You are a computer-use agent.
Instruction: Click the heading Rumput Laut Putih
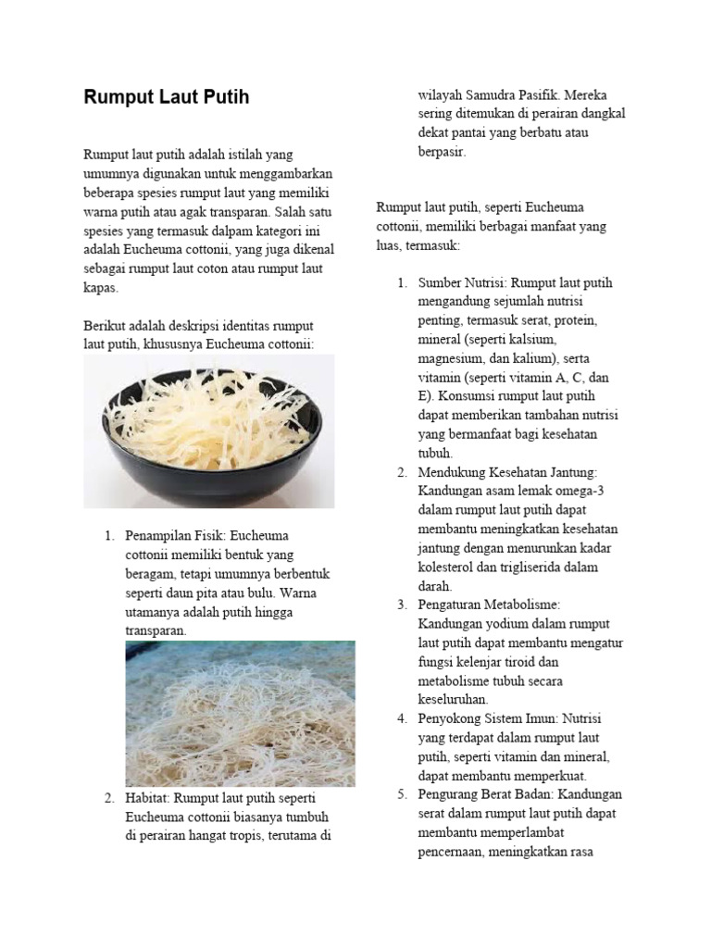(167, 97)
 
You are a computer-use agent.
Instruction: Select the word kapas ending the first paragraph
(101, 288)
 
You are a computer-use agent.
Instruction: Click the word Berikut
(105, 326)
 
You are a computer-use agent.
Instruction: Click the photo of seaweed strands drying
(240, 713)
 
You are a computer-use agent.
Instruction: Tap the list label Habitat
(148, 799)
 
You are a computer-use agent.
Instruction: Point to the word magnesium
(455, 358)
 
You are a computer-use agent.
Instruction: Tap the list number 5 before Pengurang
(403, 794)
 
